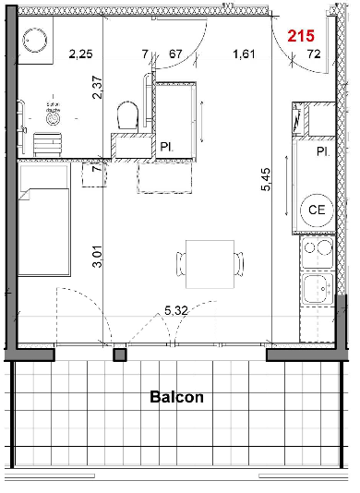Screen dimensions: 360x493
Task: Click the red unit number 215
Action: click(301, 36)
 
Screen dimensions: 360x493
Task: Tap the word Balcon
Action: click(176, 397)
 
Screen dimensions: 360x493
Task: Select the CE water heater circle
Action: click(317, 210)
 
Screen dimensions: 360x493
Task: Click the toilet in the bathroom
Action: click(127, 114)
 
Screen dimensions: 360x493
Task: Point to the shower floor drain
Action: click(53, 118)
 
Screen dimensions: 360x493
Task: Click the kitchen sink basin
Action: click(318, 289)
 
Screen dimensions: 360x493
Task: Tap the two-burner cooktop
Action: click(318, 252)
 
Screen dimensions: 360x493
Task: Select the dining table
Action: click(210, 264)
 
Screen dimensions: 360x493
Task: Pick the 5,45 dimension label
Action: click(266, 179)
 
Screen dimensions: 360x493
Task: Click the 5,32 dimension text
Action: click(176, 310)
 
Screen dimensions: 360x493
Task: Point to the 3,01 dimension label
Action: click(98, 257)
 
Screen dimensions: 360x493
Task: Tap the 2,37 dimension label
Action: click(98, 88)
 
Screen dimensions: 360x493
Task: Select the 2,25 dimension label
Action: click(81, 54)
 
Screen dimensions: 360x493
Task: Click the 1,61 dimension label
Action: click(244, 54)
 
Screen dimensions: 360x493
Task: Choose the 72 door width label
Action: click(314, 54)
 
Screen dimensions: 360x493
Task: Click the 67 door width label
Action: click(175, 54)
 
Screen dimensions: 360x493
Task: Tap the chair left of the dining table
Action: click(181, 264)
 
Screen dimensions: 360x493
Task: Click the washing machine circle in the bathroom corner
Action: click(35, 41)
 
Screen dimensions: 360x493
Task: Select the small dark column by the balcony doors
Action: click(119, 355)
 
